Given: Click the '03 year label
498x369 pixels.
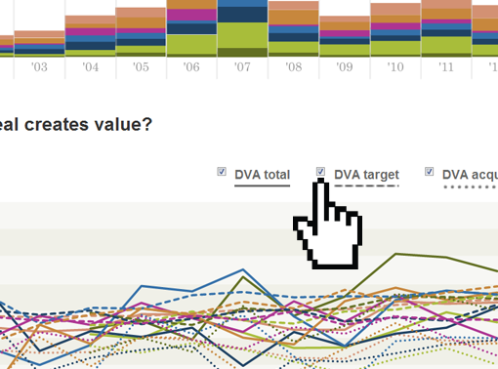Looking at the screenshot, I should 39,68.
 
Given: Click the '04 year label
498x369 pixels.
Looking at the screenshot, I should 91,68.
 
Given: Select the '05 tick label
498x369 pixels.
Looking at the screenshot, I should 142,68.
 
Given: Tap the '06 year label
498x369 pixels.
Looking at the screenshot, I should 191,68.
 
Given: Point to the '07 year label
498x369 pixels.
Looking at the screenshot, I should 242,68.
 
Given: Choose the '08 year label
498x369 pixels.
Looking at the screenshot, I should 293,68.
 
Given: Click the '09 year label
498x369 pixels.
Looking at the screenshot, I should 344,68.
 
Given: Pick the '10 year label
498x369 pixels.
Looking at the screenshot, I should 395,68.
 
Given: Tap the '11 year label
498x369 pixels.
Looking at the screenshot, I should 446,68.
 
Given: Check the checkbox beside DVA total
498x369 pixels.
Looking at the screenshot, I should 222,173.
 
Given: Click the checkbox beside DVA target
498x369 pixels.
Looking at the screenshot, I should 321,173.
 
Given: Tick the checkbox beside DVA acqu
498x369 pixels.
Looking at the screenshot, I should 429,173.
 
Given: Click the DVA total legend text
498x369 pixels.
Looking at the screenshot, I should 262,175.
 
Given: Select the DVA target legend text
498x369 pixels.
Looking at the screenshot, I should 366,175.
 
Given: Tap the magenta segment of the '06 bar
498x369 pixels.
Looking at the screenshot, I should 191,16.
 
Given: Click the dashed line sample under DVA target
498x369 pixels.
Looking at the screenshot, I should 366,185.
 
